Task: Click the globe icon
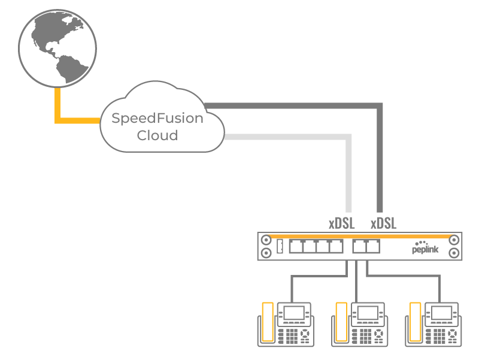pyautogui.click(x=57, y=49)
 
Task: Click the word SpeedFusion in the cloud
pyautogui.click(x=157, y=118)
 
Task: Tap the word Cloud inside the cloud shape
pyautogui.click(x=157, y=135)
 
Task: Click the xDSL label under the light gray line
pyautogui.click(x=341, y=223)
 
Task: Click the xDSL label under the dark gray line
pyautogui.click(x=383, y=223)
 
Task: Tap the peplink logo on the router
pyautogui.click(x=425, y=247)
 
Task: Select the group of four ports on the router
pyautogui.click(x=316, y=246)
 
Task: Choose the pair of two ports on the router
pyautogui.click(x=366, y=246)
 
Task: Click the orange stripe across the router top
pyautogui.click(x=360, y=237)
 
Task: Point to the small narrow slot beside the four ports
pyautogui.click(x=280, y=246)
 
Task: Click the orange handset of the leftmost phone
pyautogui.click(x=268, y=322)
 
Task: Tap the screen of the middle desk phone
pyautogui.click(x=368, y=313)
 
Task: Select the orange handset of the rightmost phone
pyautogui.click(x=415, y=322)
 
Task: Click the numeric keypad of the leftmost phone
pyautogui.click(x=292, y=336)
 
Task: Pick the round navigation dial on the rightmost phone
pyautogui.click(x=453, y=334)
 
